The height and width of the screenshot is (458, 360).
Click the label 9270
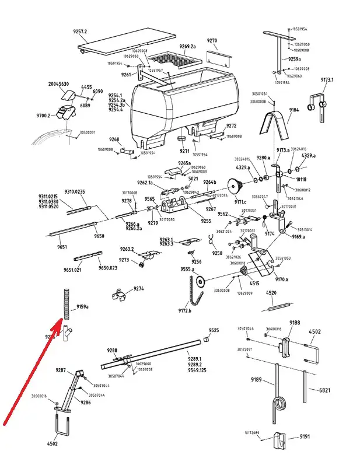tap(212, 41)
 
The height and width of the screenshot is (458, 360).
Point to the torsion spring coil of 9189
tap(281, 403)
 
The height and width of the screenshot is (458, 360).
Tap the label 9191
tap(305, 436)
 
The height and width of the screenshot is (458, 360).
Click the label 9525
tap(214, 330)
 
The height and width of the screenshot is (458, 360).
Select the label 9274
tap(138, 288)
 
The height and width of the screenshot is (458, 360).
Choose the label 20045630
tap(58, 84)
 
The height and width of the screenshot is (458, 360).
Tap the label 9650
tap(99, 236)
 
